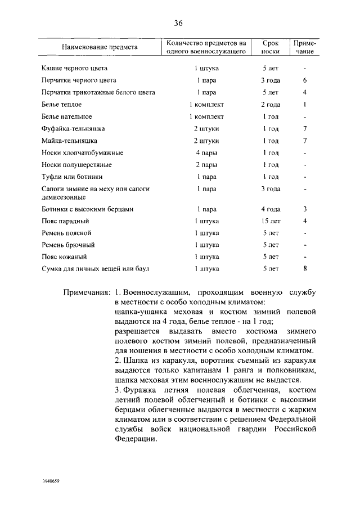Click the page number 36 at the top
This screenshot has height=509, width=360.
coord(179,23)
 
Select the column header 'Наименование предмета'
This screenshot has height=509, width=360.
coord(100,47)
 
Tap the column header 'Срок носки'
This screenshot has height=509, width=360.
coord(271,47)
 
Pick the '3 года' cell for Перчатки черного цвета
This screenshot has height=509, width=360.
coord(271,80)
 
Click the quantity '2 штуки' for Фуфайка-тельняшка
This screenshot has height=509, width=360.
coord(206,129)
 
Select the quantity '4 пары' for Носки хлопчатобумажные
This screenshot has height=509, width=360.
coord(206,152)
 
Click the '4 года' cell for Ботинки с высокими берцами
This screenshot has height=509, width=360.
coord(271,209)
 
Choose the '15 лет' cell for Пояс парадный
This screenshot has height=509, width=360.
coord(271,220)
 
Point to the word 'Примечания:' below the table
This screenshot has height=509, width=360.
coord(87,293)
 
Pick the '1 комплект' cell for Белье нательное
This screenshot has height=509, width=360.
coord(206,117)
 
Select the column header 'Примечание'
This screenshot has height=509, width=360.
coord(304,47)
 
